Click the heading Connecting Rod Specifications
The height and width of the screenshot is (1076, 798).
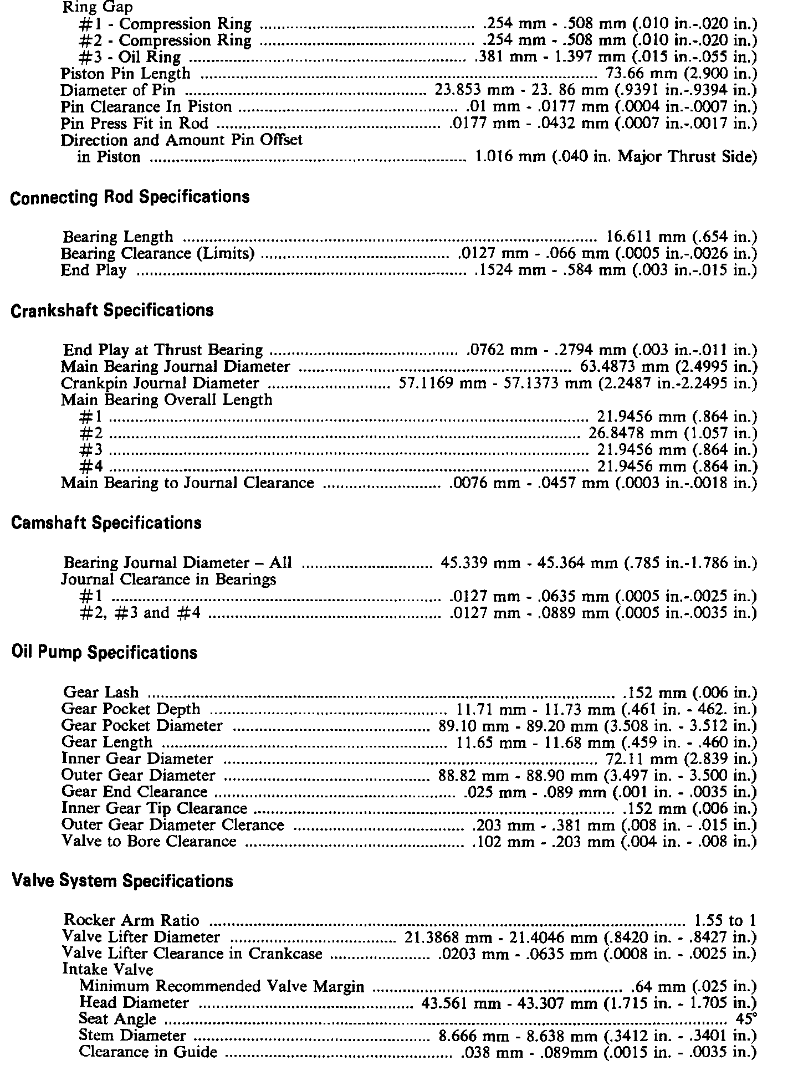tap(130, 198)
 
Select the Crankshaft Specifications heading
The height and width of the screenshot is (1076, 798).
tap(112, 310)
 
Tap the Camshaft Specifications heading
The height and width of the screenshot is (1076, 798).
tap(106, 523)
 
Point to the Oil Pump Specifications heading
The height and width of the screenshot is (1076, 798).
tap(104, 653)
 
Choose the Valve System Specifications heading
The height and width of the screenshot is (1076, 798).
tap(122, 881)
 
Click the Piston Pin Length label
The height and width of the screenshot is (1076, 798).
tap(125, 74)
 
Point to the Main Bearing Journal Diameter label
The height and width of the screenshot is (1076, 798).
tap(175, 367)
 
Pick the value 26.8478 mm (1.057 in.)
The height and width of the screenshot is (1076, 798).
tap(672, 433)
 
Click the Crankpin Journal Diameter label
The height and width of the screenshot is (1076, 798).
tap(160, 383)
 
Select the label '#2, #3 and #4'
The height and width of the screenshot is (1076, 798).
tap(140, 613)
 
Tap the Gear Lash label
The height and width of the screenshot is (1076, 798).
tap(101, 693)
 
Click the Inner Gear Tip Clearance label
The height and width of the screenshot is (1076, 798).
tap(154, 809)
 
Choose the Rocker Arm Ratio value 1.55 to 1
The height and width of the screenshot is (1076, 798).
tap(725, 921)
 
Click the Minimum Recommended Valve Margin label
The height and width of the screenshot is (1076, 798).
tap(222, 986)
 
